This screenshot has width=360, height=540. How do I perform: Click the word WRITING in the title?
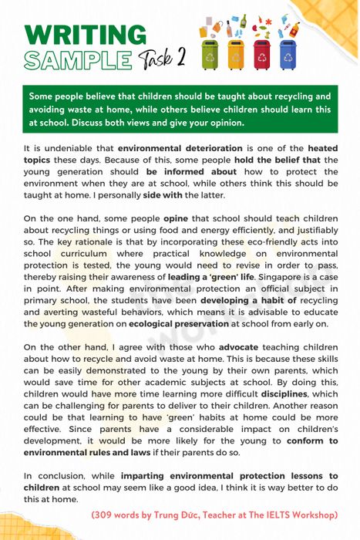(x=85, y=35)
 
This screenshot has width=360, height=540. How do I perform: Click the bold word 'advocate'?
(x=238, y=348)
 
